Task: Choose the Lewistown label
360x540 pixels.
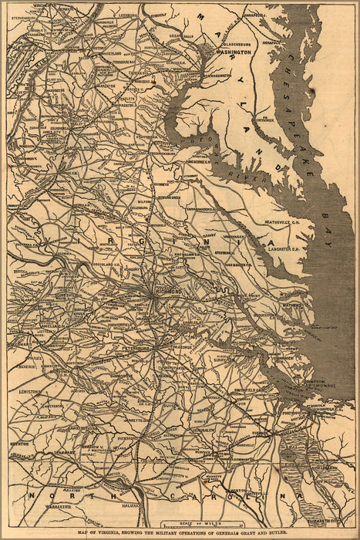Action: pyautogui.click(x=30, y=392)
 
